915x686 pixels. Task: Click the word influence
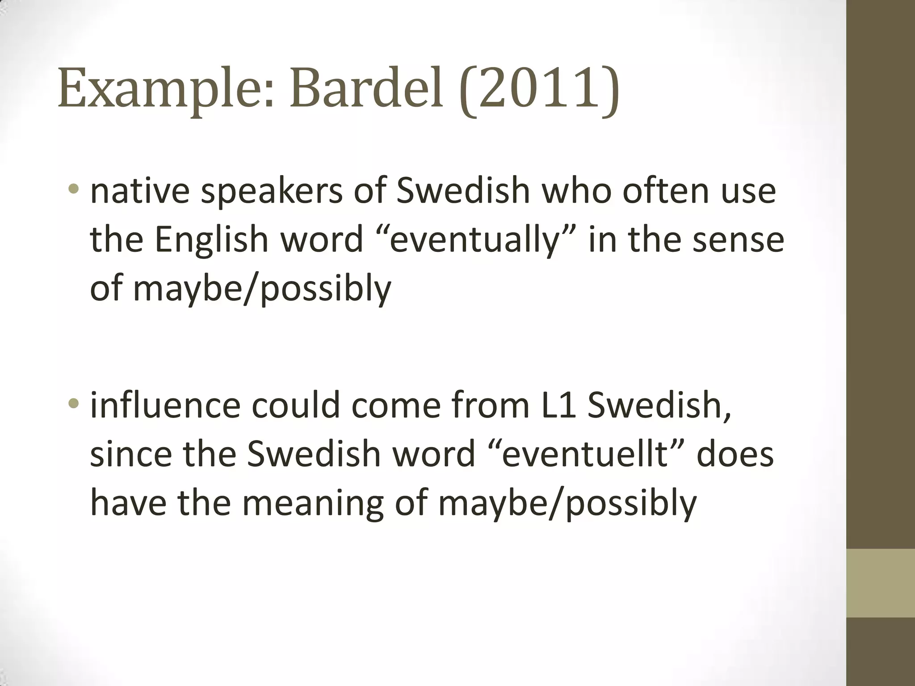165,405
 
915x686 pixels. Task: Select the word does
735,454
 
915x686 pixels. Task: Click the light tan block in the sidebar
880,583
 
